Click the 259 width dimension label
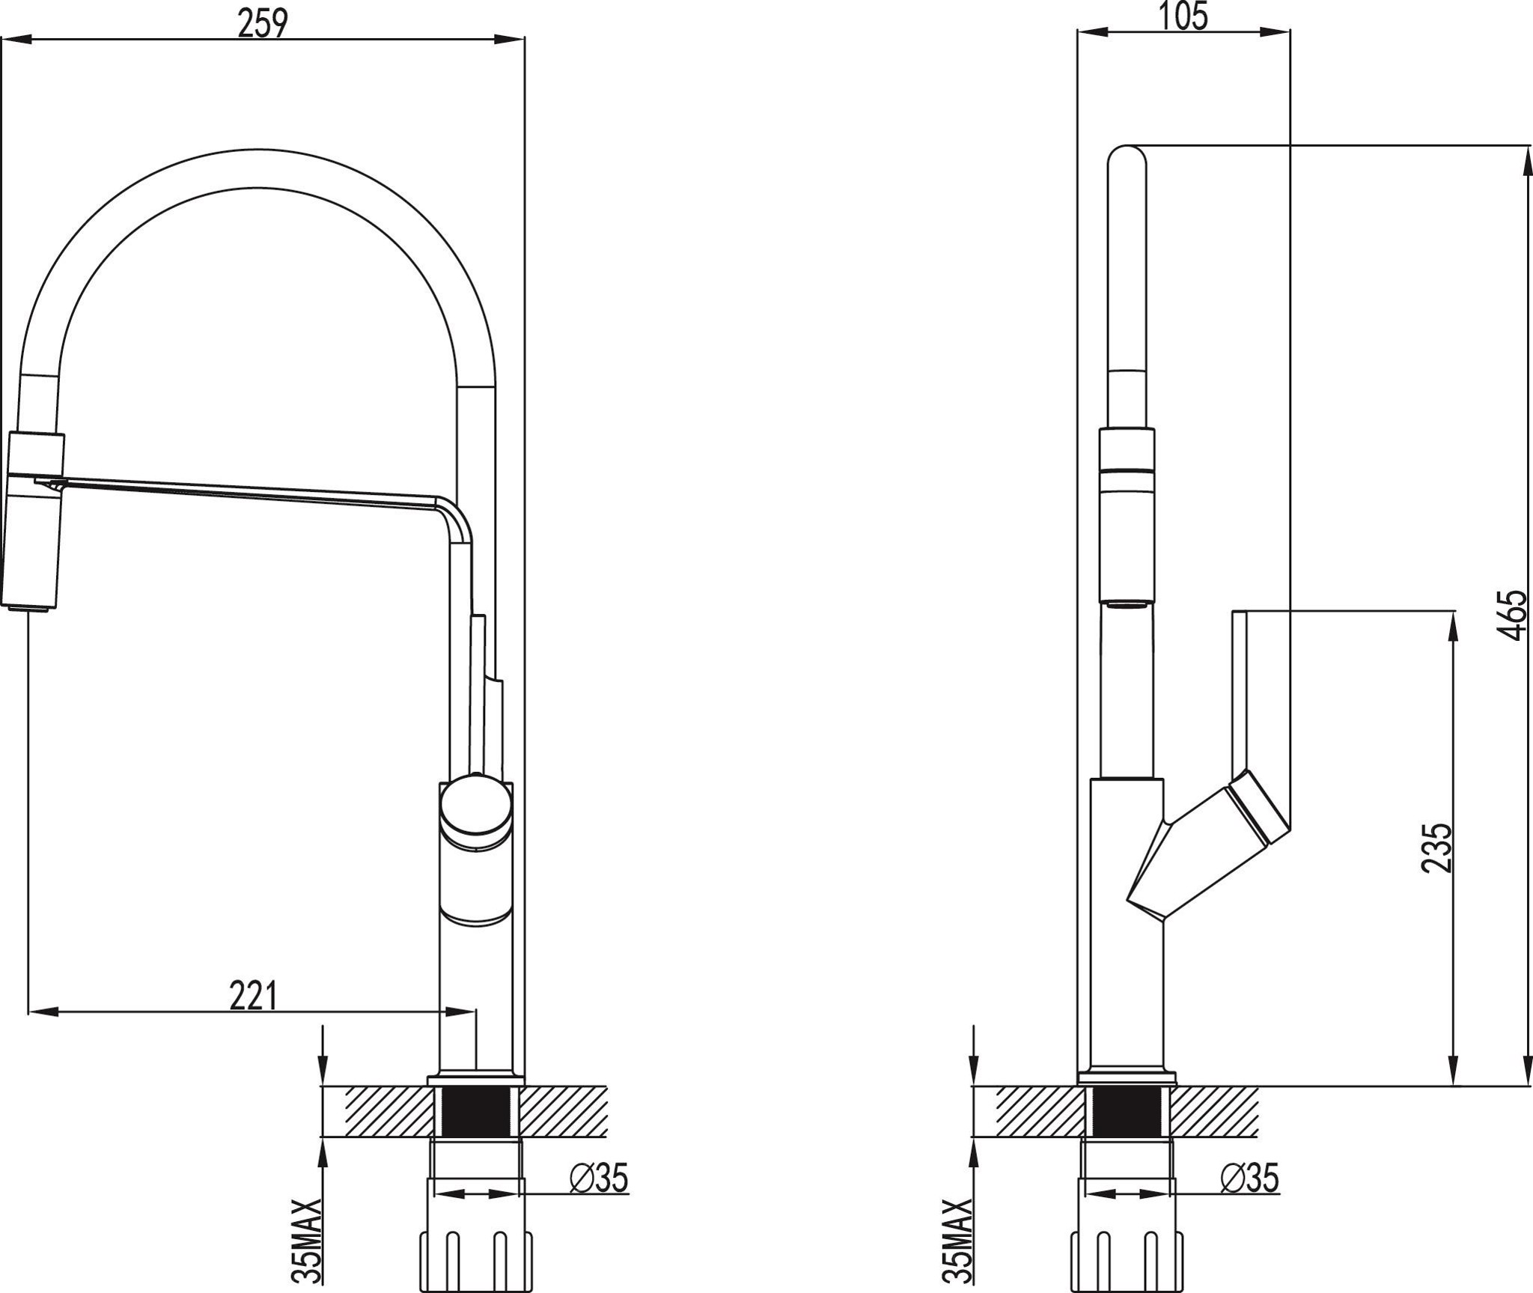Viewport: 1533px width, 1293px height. [x=263, y=24]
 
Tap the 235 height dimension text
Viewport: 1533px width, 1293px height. [x=1437, y=848]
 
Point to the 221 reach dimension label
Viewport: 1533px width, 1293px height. [x=253, y=995]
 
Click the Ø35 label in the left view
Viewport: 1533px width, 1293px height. [x=599, y=1178]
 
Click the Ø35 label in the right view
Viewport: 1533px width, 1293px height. [x=1250, y=1178]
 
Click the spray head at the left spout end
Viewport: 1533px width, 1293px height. [x=34, y=520]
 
